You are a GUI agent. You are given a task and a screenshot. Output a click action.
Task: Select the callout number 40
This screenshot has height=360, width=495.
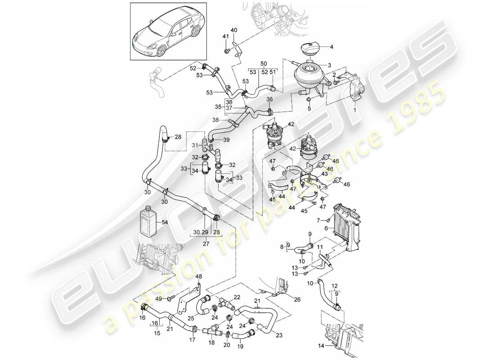point(234,31)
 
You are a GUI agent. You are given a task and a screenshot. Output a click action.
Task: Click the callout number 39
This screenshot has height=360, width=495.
point(226,140)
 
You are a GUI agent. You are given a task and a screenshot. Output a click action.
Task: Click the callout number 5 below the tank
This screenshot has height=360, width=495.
point(309,108)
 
